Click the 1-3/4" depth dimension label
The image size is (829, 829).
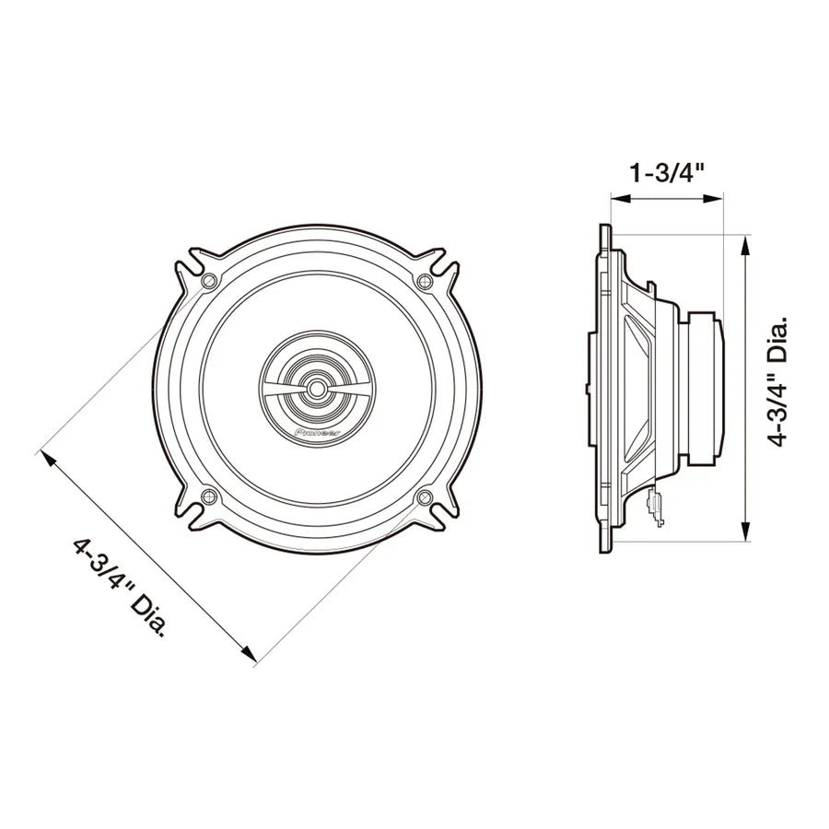click(668, 172)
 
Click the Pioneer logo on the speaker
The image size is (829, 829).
click(315, 430)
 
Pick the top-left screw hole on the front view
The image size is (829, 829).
click(209, 280)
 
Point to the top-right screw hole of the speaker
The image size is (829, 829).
click(424, 281)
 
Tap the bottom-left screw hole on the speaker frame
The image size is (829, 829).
click(208, 497)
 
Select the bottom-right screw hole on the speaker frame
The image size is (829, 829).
click(425, 497)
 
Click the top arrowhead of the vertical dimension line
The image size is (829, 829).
click(744, 241)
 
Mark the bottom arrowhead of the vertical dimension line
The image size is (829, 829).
click(744, 534)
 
